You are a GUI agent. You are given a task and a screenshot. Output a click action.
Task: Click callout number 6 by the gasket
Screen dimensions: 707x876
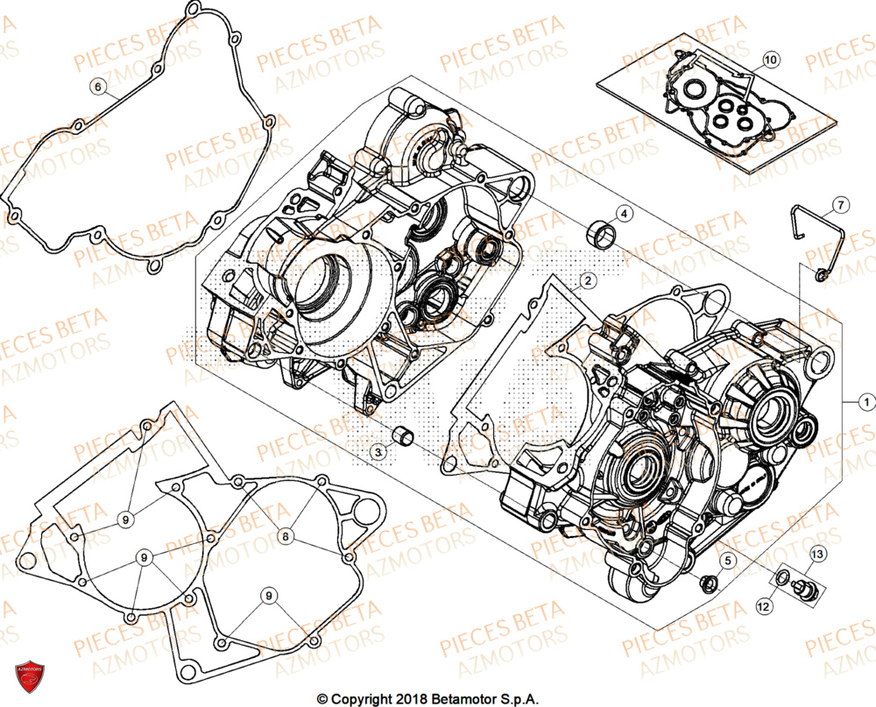click(x=98, y=86)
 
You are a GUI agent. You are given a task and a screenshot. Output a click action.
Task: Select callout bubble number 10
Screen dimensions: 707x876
click(x=769, y=60)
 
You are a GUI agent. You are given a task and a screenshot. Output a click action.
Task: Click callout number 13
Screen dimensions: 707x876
click(x=816, y=553)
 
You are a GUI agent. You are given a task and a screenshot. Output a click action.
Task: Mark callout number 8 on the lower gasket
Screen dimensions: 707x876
click(x=286, y=535)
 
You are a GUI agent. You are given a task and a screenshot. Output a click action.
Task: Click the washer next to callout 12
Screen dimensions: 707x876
click(x=781, y=578)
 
